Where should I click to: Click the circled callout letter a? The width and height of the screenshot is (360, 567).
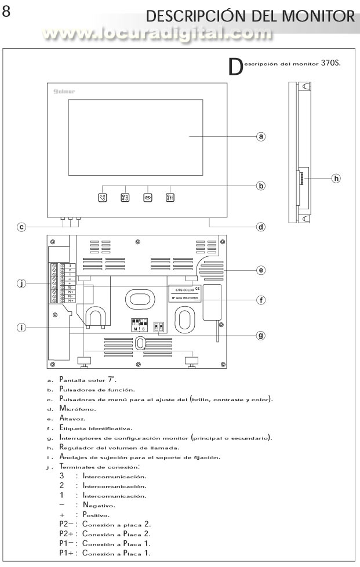coord(261,137)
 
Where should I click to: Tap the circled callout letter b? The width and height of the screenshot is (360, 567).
coord(261,186)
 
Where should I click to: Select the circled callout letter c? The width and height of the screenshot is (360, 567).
coord(21,227)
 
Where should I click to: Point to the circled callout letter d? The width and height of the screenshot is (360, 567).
coord(261,227)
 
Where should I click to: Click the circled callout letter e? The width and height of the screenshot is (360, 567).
coord(261,270)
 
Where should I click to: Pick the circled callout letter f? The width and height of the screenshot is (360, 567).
coord(261,300)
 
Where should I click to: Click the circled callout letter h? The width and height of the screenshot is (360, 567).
coord(335,177)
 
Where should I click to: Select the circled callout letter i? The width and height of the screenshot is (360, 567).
coord(21,328)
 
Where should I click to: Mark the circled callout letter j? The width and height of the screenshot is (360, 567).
coord(21,283)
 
